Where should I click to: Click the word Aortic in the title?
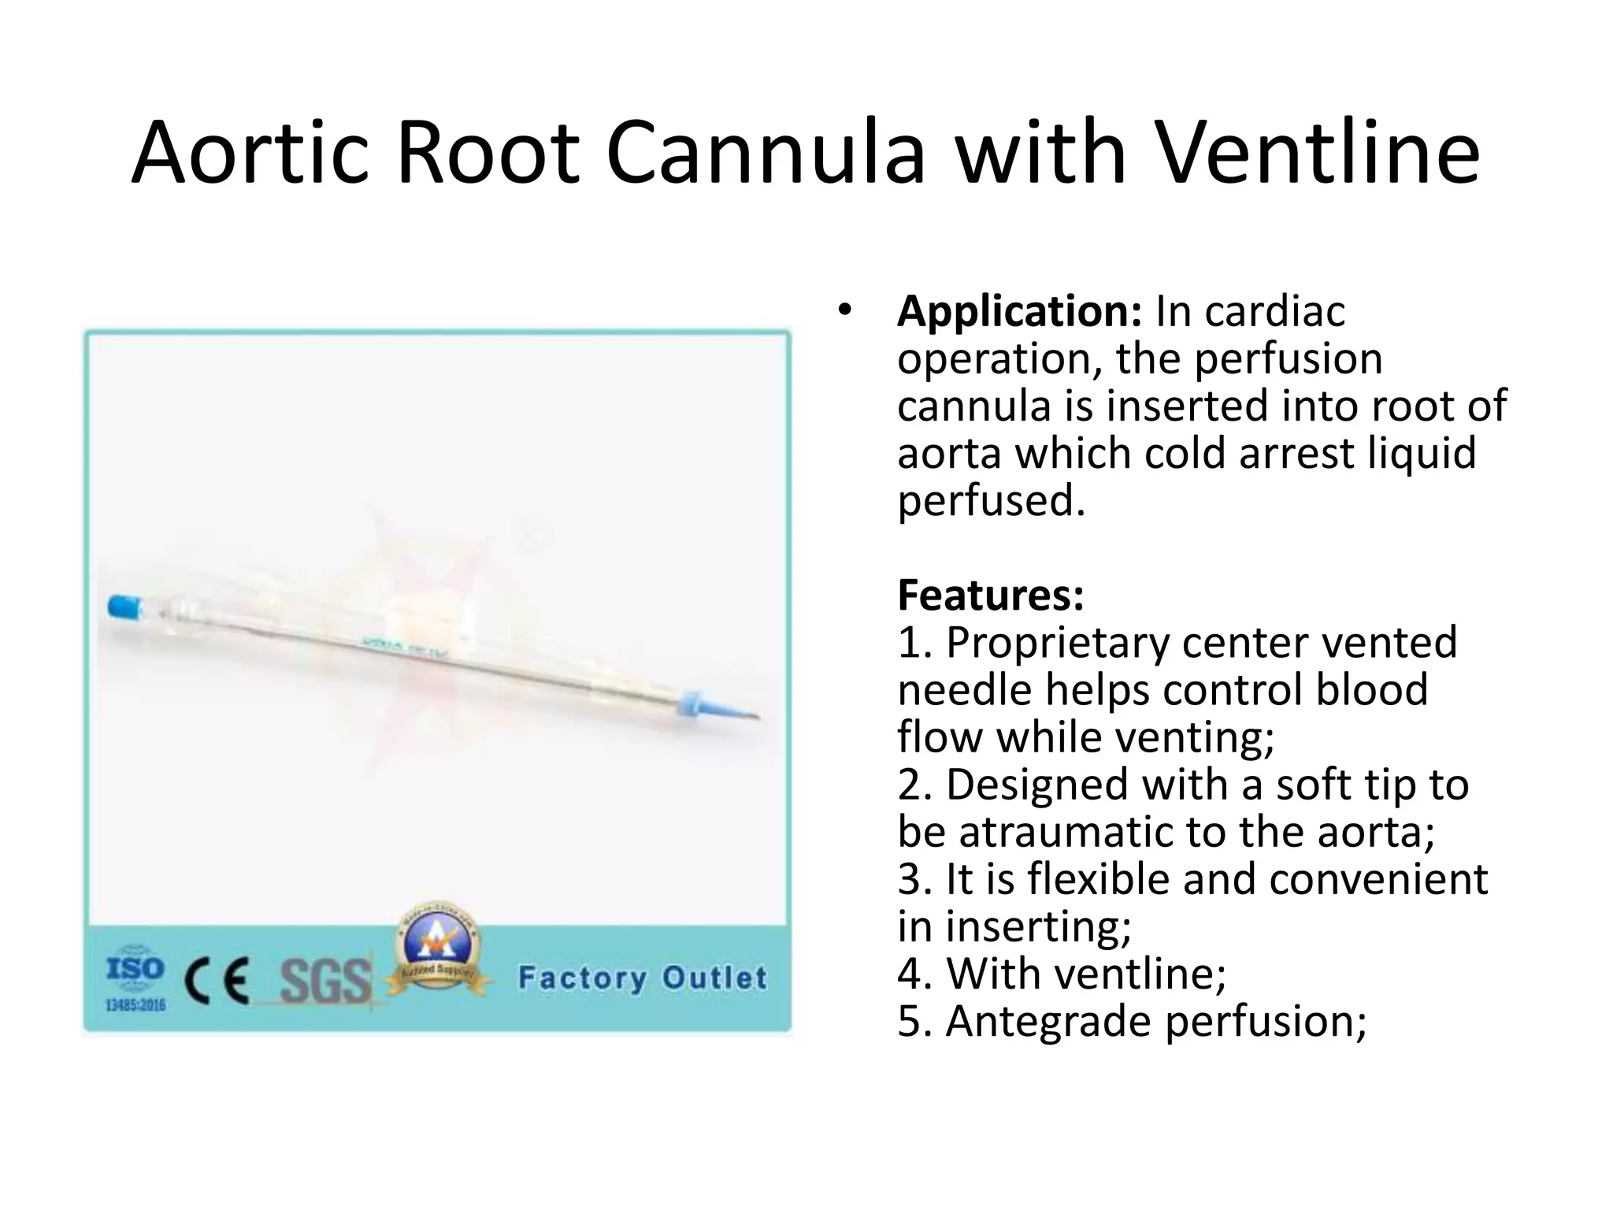(x=250, y=153)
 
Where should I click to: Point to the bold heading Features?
(x=991, y=596)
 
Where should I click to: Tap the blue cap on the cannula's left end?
(x=124, y=607)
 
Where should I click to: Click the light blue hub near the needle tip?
(x=692, y=700)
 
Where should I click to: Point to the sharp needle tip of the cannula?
(x=756, y=717)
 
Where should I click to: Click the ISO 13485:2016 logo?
(x=135, y=977)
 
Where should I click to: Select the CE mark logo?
(x=217, y=981)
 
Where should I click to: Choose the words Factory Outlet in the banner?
(x=642, y=978)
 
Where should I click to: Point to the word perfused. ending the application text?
(x=991, y=501)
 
